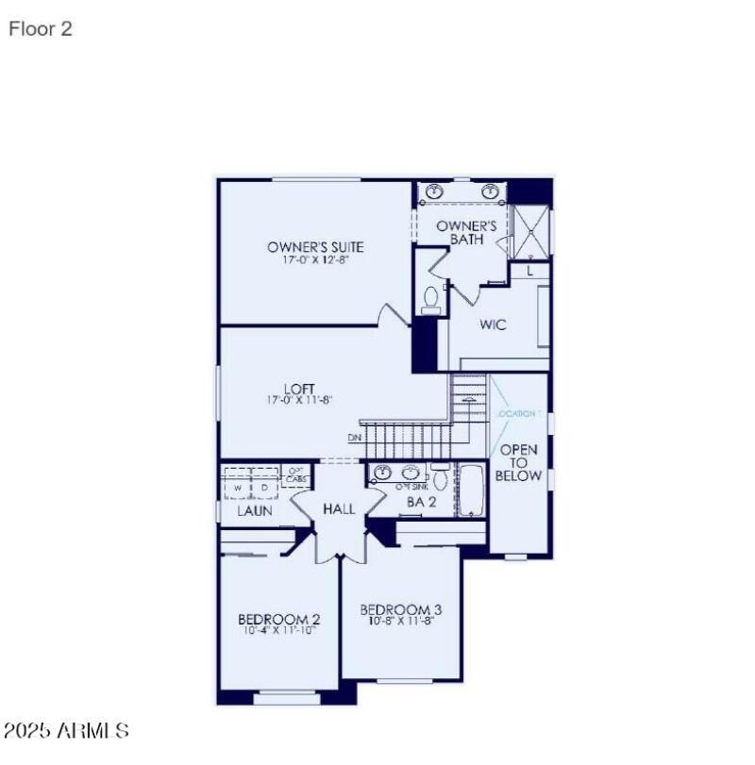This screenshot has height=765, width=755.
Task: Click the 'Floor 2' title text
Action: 41,29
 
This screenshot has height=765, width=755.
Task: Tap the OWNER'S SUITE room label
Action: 315,247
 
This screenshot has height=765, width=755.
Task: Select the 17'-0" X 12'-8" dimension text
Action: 315,261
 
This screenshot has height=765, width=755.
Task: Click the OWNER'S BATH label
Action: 466,232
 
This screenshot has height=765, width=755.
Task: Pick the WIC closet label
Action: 493,324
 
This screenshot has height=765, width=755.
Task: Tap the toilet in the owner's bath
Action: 431,299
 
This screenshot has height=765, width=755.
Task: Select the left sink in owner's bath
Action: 435,191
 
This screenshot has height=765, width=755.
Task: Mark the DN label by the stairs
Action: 354,438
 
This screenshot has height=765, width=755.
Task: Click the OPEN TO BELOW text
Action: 520,462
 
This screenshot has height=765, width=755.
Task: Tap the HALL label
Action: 339,508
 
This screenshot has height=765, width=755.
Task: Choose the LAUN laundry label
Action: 255,510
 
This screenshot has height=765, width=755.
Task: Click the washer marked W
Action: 240,487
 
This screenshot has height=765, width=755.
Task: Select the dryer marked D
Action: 265,487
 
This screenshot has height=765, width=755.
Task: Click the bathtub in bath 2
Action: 472,491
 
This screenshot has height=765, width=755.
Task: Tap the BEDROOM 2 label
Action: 278,619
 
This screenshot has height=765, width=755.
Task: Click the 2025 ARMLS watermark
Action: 66,730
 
